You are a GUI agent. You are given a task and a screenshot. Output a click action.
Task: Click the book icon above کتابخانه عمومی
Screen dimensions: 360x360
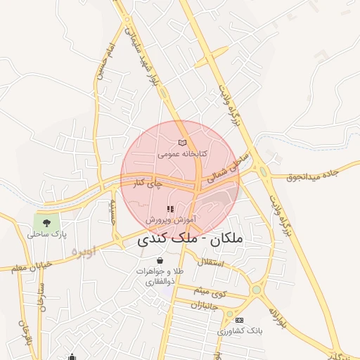[x=183, y=143]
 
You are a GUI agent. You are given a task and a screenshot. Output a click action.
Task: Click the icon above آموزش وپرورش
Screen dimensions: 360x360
[x=169, y=210]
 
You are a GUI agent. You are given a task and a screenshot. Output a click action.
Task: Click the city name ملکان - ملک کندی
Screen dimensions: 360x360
[x=187, y=239]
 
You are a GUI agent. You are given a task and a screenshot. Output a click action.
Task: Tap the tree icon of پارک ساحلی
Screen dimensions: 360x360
[x=47, y=222]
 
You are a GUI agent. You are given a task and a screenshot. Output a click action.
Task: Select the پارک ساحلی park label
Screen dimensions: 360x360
[x=46, y=234]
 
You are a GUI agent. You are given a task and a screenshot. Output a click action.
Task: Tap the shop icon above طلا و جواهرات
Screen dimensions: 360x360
[x=161, y=262]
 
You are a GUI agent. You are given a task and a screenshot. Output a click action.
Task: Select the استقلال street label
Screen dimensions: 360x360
[x=210, y=263]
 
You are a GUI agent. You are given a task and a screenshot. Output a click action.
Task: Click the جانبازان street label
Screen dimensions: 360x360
[x=205, y=304]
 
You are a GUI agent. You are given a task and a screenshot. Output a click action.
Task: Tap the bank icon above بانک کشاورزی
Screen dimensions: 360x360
[x=238, y=320]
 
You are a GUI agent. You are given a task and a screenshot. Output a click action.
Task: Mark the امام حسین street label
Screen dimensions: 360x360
[x=105, y=63]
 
